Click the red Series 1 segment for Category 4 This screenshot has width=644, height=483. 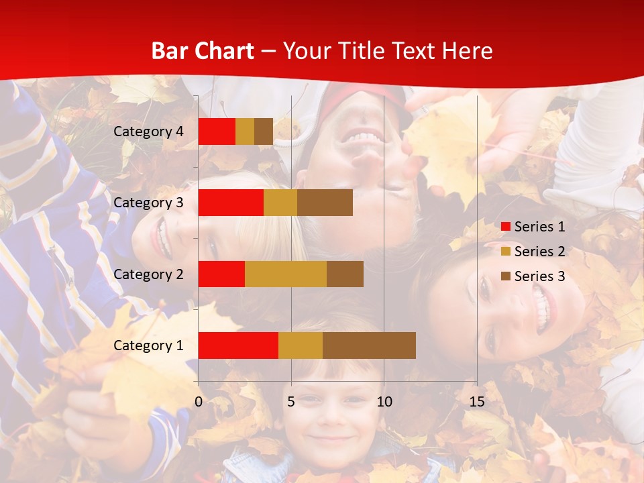(x=217, y=131)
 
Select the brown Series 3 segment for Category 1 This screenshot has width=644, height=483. (x=369, y=345)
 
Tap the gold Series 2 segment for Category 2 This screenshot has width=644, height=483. (x=286, y=274)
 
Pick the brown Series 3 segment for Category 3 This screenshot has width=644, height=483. (x=325, y=203)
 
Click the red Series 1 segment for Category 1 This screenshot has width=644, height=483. (x=238, y=345)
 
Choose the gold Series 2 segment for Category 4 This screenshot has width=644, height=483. (x=245, y=131)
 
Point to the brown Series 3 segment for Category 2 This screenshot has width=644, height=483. (x=345, y=274)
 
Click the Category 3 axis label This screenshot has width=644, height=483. (x=148, y=203)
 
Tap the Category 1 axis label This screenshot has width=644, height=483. (x=148, y=345)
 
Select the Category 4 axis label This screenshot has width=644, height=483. (x=148, y=131)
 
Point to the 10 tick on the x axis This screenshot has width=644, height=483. (x=384, y=402)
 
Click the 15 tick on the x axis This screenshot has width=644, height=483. (x=476, y=402)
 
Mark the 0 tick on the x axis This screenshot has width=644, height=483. (x=199, y=402)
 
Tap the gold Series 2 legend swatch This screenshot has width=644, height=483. (x=506, y=252)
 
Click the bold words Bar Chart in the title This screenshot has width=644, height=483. (x=203, y=51)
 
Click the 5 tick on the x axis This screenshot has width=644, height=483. (x=291, y=402)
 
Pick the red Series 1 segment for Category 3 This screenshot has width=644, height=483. (x=231, y=203)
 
